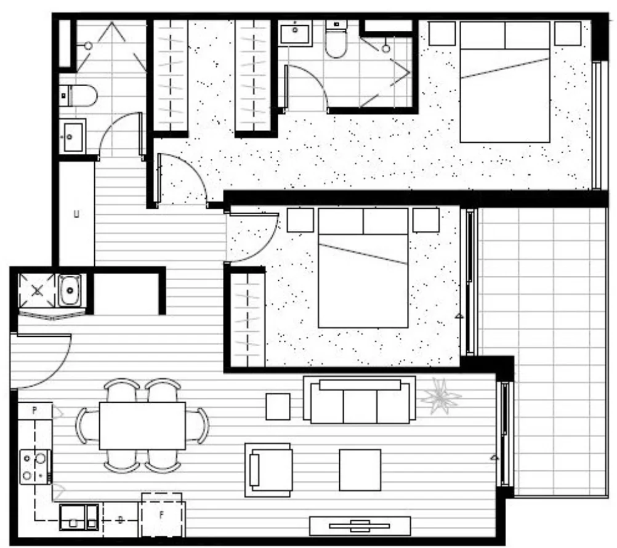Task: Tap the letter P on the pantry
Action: point(34,409)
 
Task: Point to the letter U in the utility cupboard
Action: point(76,215)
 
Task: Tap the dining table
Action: point(142,425)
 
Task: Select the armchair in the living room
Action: point(269,470)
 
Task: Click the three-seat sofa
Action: point(359,401)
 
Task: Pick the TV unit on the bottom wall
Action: point(359,526)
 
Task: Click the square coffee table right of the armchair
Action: point(360,470)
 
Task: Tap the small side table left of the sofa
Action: point(278,406)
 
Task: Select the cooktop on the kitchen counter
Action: point(35,467)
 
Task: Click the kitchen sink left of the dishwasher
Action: point(78,517)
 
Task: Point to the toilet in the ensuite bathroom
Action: point(336,41)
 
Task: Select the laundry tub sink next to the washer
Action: point(72,289)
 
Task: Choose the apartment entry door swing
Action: point(40,360)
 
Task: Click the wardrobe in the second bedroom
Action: point(246,318)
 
